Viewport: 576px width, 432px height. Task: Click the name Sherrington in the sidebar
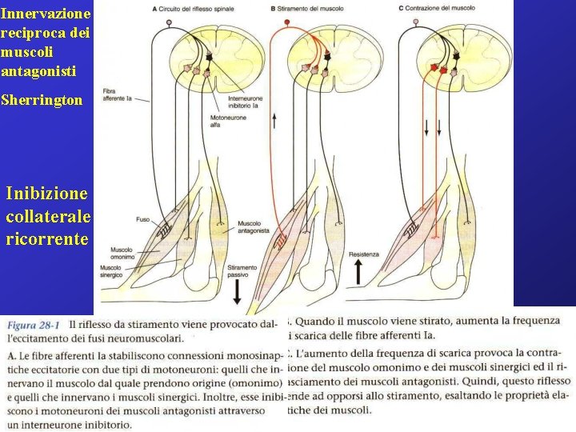(x=42, y=102)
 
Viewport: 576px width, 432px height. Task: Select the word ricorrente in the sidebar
(x=47, y=238)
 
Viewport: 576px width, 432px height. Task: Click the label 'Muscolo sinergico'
(x=116, y=270)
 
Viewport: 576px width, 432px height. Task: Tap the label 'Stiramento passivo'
(x=242, y=271)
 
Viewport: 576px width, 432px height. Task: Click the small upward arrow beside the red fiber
(x=274, y=121)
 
